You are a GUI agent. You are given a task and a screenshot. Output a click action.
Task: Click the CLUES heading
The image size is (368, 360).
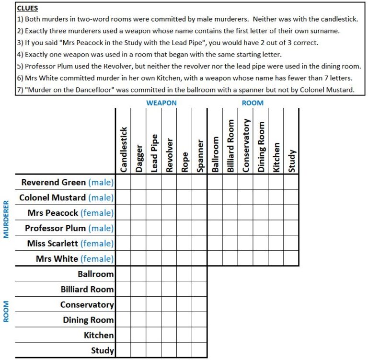pyautogui.click(x=28, y=8)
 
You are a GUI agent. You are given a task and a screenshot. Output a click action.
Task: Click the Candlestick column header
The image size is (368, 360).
pyautogui.click(x=123, y=149)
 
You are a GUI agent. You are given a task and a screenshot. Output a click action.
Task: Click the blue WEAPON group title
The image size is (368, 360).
pyautogui.click(x=161, y=103)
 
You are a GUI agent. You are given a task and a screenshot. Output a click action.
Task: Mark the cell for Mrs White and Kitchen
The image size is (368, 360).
pyautogui.click(x=276, y=259)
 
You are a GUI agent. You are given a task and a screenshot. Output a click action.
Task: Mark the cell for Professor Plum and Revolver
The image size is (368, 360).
pyautogui.click(x=169, y=228)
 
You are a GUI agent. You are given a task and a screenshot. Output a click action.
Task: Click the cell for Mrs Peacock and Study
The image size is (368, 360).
pyautogui.click(x=291, y=213)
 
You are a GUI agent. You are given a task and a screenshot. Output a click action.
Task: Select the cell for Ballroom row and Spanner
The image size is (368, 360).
pyautogui.click(x=199, y=274)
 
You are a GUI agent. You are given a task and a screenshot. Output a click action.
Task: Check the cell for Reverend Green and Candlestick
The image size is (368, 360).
pyautogui.click(x=123, y=182)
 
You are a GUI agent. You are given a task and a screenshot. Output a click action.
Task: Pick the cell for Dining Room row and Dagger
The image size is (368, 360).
pyautogui.click(x=138, y=320)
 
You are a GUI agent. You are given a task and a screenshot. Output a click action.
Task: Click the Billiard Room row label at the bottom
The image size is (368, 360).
pyautogui.click(x=87, y=290)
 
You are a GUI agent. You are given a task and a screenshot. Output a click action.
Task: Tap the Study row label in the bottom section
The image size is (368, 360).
pyautogui.click(x=102, y=351)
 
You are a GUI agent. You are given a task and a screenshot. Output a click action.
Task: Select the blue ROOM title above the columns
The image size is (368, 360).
pyautogui.click(x=253, y=103)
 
